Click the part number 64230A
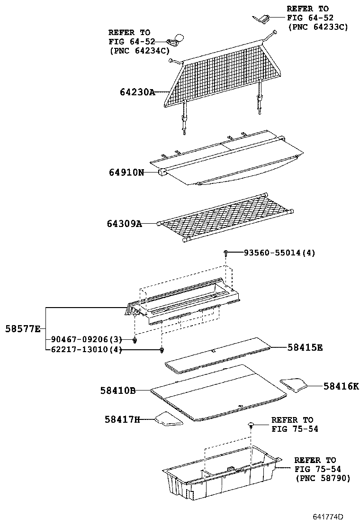[x=137, y=92]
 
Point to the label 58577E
[x=23, y=328]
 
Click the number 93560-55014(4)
[x=279, y=253]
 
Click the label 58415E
[x=305, y=347]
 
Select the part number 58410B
[x=118, y=391]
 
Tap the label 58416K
[x=341, y=386]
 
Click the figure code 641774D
[x=327, y=516]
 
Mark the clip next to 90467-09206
[x=135, y=340]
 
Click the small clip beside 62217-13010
[x=162, y=351]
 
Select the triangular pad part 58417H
[x=169, y=418]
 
